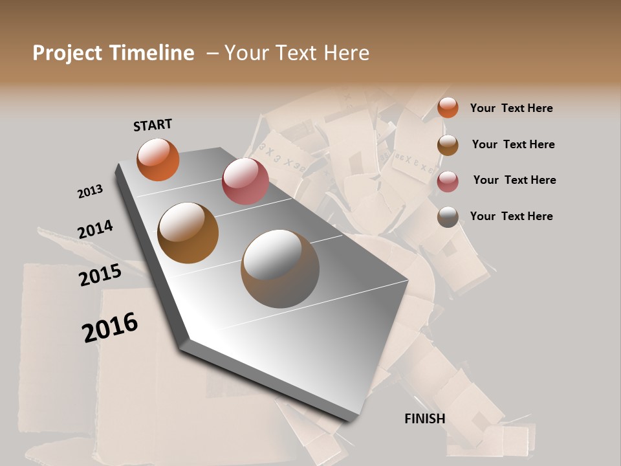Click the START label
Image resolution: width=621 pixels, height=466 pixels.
tap(153, 125)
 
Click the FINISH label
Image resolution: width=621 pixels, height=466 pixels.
tap(425, 419)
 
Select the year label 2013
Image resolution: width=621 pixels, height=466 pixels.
tap(91, 192)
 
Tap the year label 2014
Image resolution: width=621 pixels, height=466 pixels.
tap(96, 229)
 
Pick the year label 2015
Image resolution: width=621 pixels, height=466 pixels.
tap(100, 275)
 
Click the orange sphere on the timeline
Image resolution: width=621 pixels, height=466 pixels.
tap(158, 159)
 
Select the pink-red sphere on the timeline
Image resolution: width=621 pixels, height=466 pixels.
tap(245, 181)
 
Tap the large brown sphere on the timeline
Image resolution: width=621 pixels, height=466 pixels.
tap(188, 233)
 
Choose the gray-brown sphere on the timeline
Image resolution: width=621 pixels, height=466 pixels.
tap(280, 269)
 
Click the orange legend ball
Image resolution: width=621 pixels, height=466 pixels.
tap(448, 107)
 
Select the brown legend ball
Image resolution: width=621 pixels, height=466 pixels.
tap(448, 145)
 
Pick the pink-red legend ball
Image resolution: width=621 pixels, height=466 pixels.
tap(448, 181)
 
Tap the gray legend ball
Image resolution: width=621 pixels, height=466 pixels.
tap(448, 217)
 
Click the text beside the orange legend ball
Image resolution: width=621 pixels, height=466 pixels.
tap(511, 108)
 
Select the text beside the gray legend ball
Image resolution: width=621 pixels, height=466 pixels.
tap(511, 216)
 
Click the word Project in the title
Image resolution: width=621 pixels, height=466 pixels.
tap(68, 53)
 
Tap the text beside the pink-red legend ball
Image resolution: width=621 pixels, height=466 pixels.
tap(514, 180)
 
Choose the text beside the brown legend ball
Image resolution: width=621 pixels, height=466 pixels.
tap(513, 144)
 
